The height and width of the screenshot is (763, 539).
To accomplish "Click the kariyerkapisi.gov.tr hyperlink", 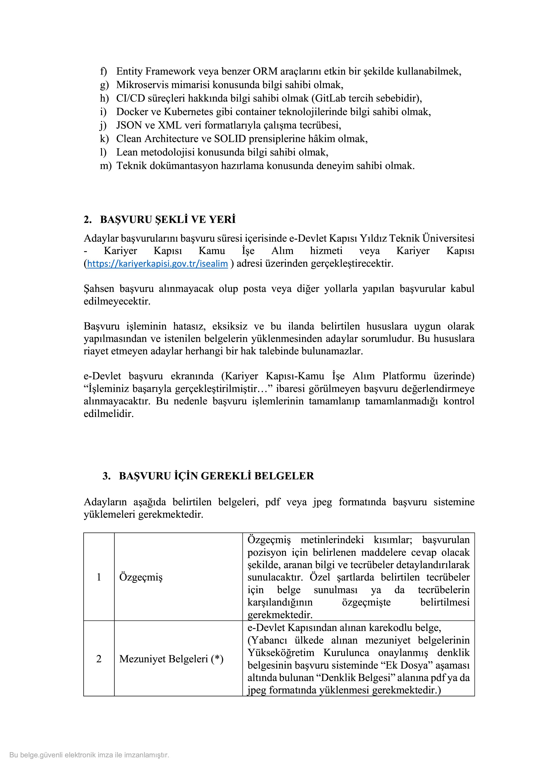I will [x=157, y=264].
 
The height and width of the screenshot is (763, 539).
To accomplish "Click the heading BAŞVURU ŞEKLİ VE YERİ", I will [x=168, y=220].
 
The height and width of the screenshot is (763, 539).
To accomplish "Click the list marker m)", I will [x=106, y=166].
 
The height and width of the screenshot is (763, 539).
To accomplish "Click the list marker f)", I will [x=104, y=71].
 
